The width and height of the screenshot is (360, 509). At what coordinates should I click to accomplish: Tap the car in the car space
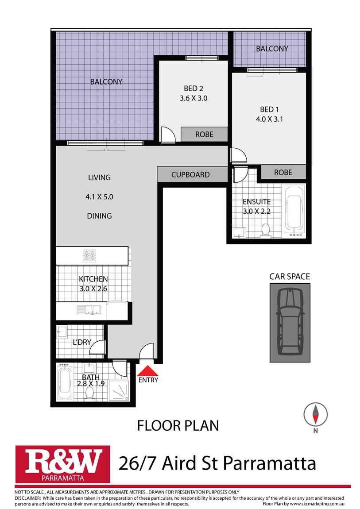click(x=290, y=321)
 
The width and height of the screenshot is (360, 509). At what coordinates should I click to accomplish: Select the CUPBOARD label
click(x=190, y=175)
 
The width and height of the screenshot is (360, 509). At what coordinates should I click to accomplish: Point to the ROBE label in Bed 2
click(x=204, y=135)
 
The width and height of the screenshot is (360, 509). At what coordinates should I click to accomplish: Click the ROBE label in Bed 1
click(x=283, y=173)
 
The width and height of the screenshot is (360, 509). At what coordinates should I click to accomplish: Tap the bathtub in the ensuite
click(x=294, y=208)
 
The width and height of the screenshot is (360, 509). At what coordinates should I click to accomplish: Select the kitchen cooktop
click(x=90, y=255)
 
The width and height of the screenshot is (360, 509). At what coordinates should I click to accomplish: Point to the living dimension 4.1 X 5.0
click(x=100, y=197)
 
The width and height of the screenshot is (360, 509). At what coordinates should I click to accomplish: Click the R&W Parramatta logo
click(x=62, y=464)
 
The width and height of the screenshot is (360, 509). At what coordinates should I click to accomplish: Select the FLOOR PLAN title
click(x=178, y=426)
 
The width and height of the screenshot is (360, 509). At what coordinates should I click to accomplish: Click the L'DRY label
click(x=82, y=342)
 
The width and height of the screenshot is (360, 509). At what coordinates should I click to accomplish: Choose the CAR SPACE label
click(x=290, y=277)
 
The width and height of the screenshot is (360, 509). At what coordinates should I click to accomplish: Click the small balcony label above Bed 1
click(x=272, y=49)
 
